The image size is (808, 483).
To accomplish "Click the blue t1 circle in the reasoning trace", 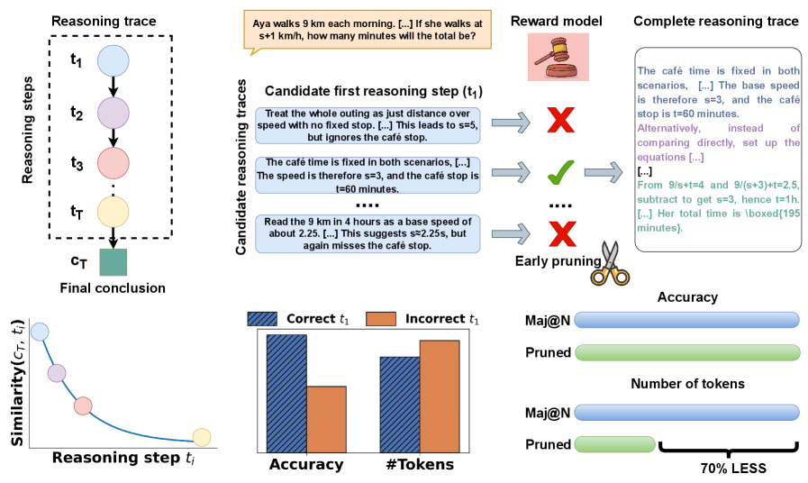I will point(114,61).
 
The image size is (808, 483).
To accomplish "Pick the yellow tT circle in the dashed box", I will point(114,213).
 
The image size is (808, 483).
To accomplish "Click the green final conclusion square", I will point(113,261).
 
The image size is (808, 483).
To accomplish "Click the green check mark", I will point(560,171).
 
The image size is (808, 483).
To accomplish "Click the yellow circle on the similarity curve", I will point(202,437).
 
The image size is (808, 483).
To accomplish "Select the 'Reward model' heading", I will point(557,20).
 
